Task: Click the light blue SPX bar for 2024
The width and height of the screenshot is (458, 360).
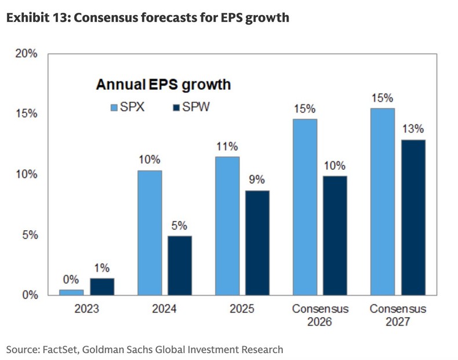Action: point(150,232)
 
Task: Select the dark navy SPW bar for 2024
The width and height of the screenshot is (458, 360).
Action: point(180,265)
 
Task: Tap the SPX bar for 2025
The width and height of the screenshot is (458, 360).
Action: point(227,226)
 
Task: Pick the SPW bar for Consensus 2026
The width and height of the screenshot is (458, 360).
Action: point(335,235)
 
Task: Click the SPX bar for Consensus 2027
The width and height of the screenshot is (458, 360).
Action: point(383,201)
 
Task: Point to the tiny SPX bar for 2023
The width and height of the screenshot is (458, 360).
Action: point(72,292)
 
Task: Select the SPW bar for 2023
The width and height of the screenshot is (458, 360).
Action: point(102,286)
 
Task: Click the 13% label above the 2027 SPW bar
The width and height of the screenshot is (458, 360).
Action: point(413,129)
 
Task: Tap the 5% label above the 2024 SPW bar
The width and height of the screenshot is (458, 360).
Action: point(180,226)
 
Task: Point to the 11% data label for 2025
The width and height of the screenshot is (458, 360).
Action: point(227,146)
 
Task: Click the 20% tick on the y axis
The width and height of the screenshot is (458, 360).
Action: point(26,53)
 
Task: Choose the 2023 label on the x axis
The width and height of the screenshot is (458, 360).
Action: point(87,309)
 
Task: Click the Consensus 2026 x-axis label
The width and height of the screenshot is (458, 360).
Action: point(320,315)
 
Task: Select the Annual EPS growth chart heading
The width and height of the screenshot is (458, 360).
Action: point(163,85)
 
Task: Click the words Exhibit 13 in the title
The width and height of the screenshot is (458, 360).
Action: point(38,18)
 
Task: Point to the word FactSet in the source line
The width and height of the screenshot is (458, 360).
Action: point(60,349)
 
